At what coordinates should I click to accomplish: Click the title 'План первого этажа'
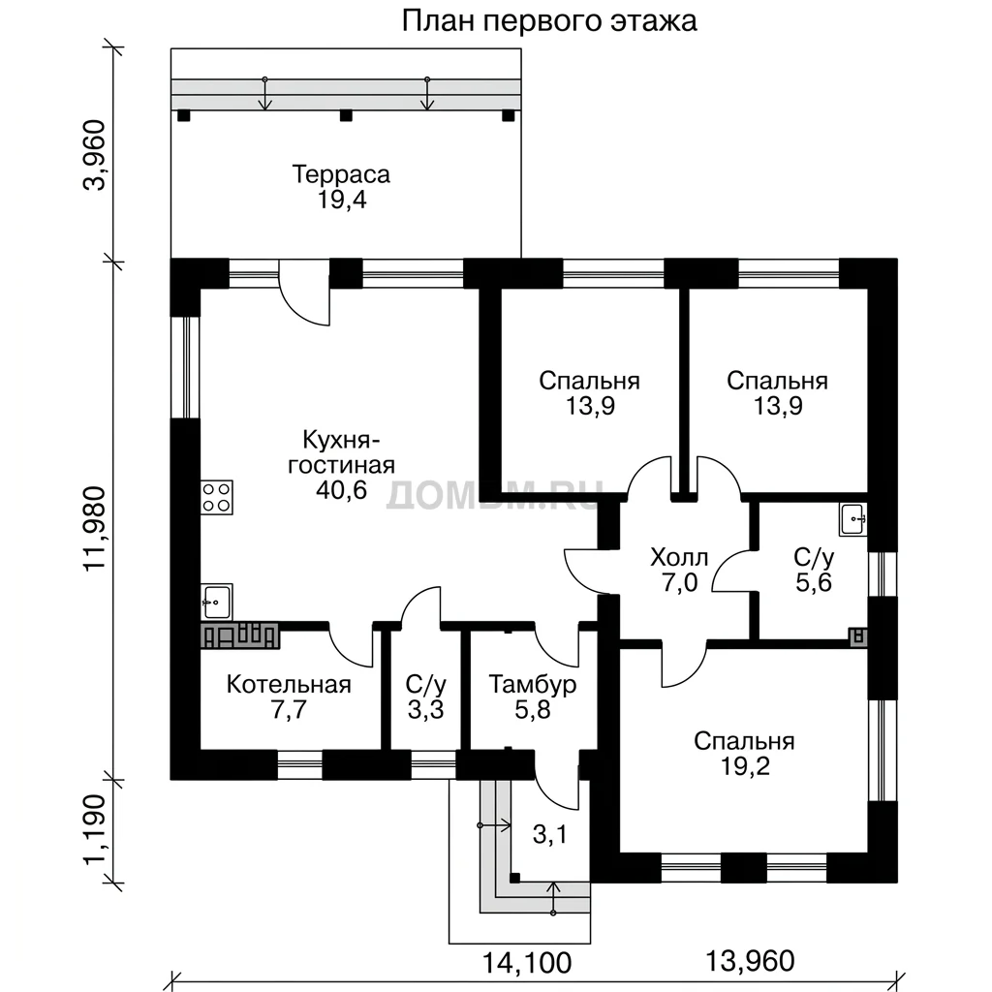[x=549, y=21]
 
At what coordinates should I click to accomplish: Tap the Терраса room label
[x=341, y=174]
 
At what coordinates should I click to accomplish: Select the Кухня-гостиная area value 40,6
[x=342, y=489]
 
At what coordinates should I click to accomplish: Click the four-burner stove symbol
[x=217, y=497]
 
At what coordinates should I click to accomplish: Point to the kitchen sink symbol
[x=217, y=601]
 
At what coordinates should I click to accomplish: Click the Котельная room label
[x=289, y=685]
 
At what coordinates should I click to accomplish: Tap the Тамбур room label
[x=532, y=685]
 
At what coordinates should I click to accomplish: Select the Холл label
[x=679, y=557]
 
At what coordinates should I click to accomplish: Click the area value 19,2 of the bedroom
[x=745, y=766]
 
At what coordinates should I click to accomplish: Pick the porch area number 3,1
[x=550, y=834]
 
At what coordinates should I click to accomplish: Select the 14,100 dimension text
[x=527, y=963]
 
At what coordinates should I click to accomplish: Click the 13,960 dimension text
[x=750, y=961]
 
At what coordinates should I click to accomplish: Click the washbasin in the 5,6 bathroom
[x=853, y=519]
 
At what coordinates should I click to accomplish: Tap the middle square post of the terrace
[x=346, y=116]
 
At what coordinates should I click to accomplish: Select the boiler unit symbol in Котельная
[x=240, y=635]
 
